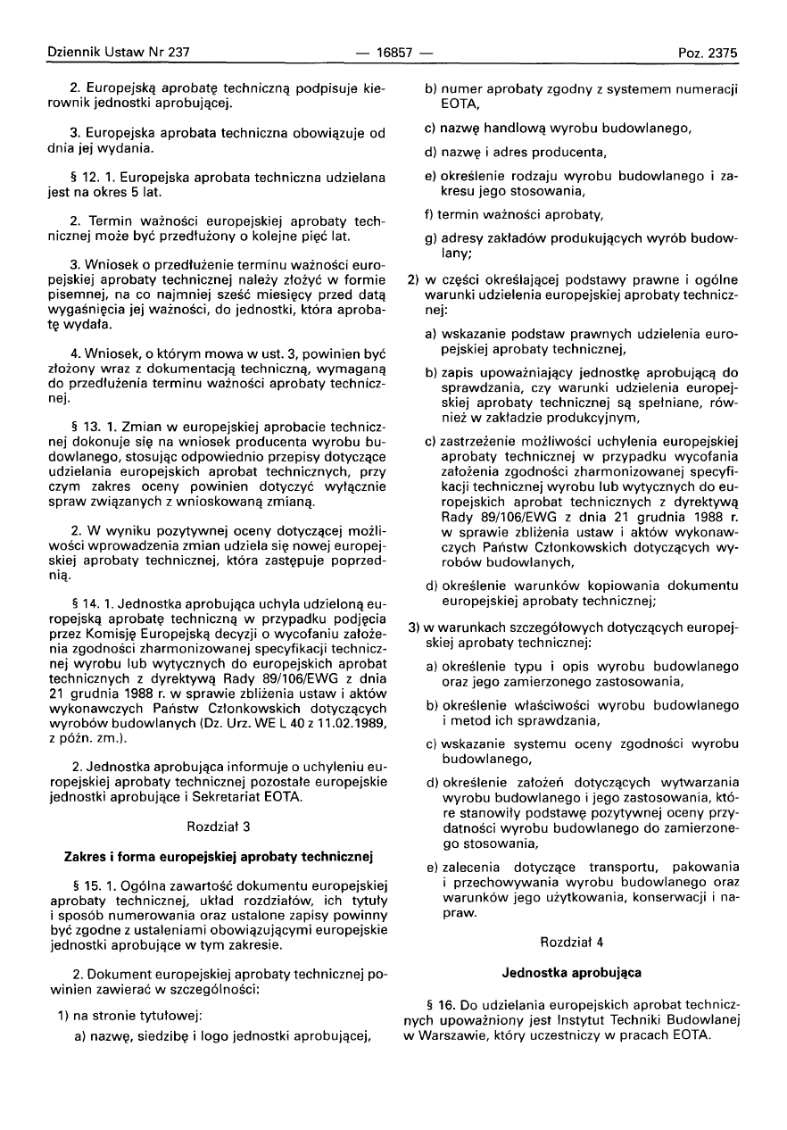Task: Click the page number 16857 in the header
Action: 393,53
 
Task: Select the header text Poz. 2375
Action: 708,53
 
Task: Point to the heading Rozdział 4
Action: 573,941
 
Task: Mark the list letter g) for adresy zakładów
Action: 431,240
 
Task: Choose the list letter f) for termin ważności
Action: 430,214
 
